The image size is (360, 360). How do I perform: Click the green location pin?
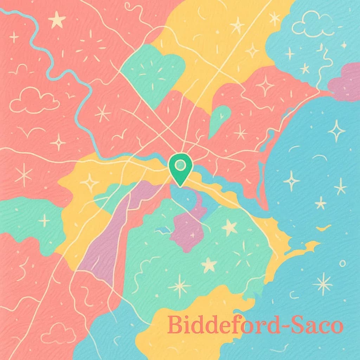click(180, 169)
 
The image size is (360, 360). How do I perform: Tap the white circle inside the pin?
click(180, 164)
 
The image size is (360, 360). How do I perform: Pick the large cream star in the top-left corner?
click(57, 20)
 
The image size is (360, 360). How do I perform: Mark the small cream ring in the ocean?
click(342, 263)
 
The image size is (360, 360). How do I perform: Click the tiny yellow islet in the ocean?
click(324, 229)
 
